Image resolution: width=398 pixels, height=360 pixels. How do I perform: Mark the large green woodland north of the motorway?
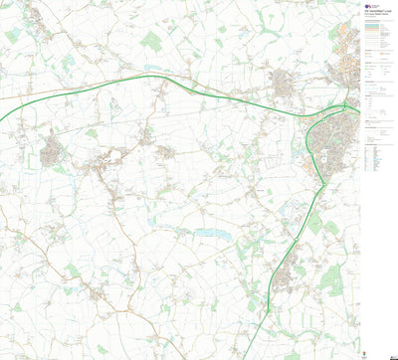coord(151,41)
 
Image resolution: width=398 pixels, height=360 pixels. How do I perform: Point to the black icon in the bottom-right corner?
coord(391,351)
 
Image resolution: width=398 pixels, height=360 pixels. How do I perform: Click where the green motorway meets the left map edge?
coord(2,121)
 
